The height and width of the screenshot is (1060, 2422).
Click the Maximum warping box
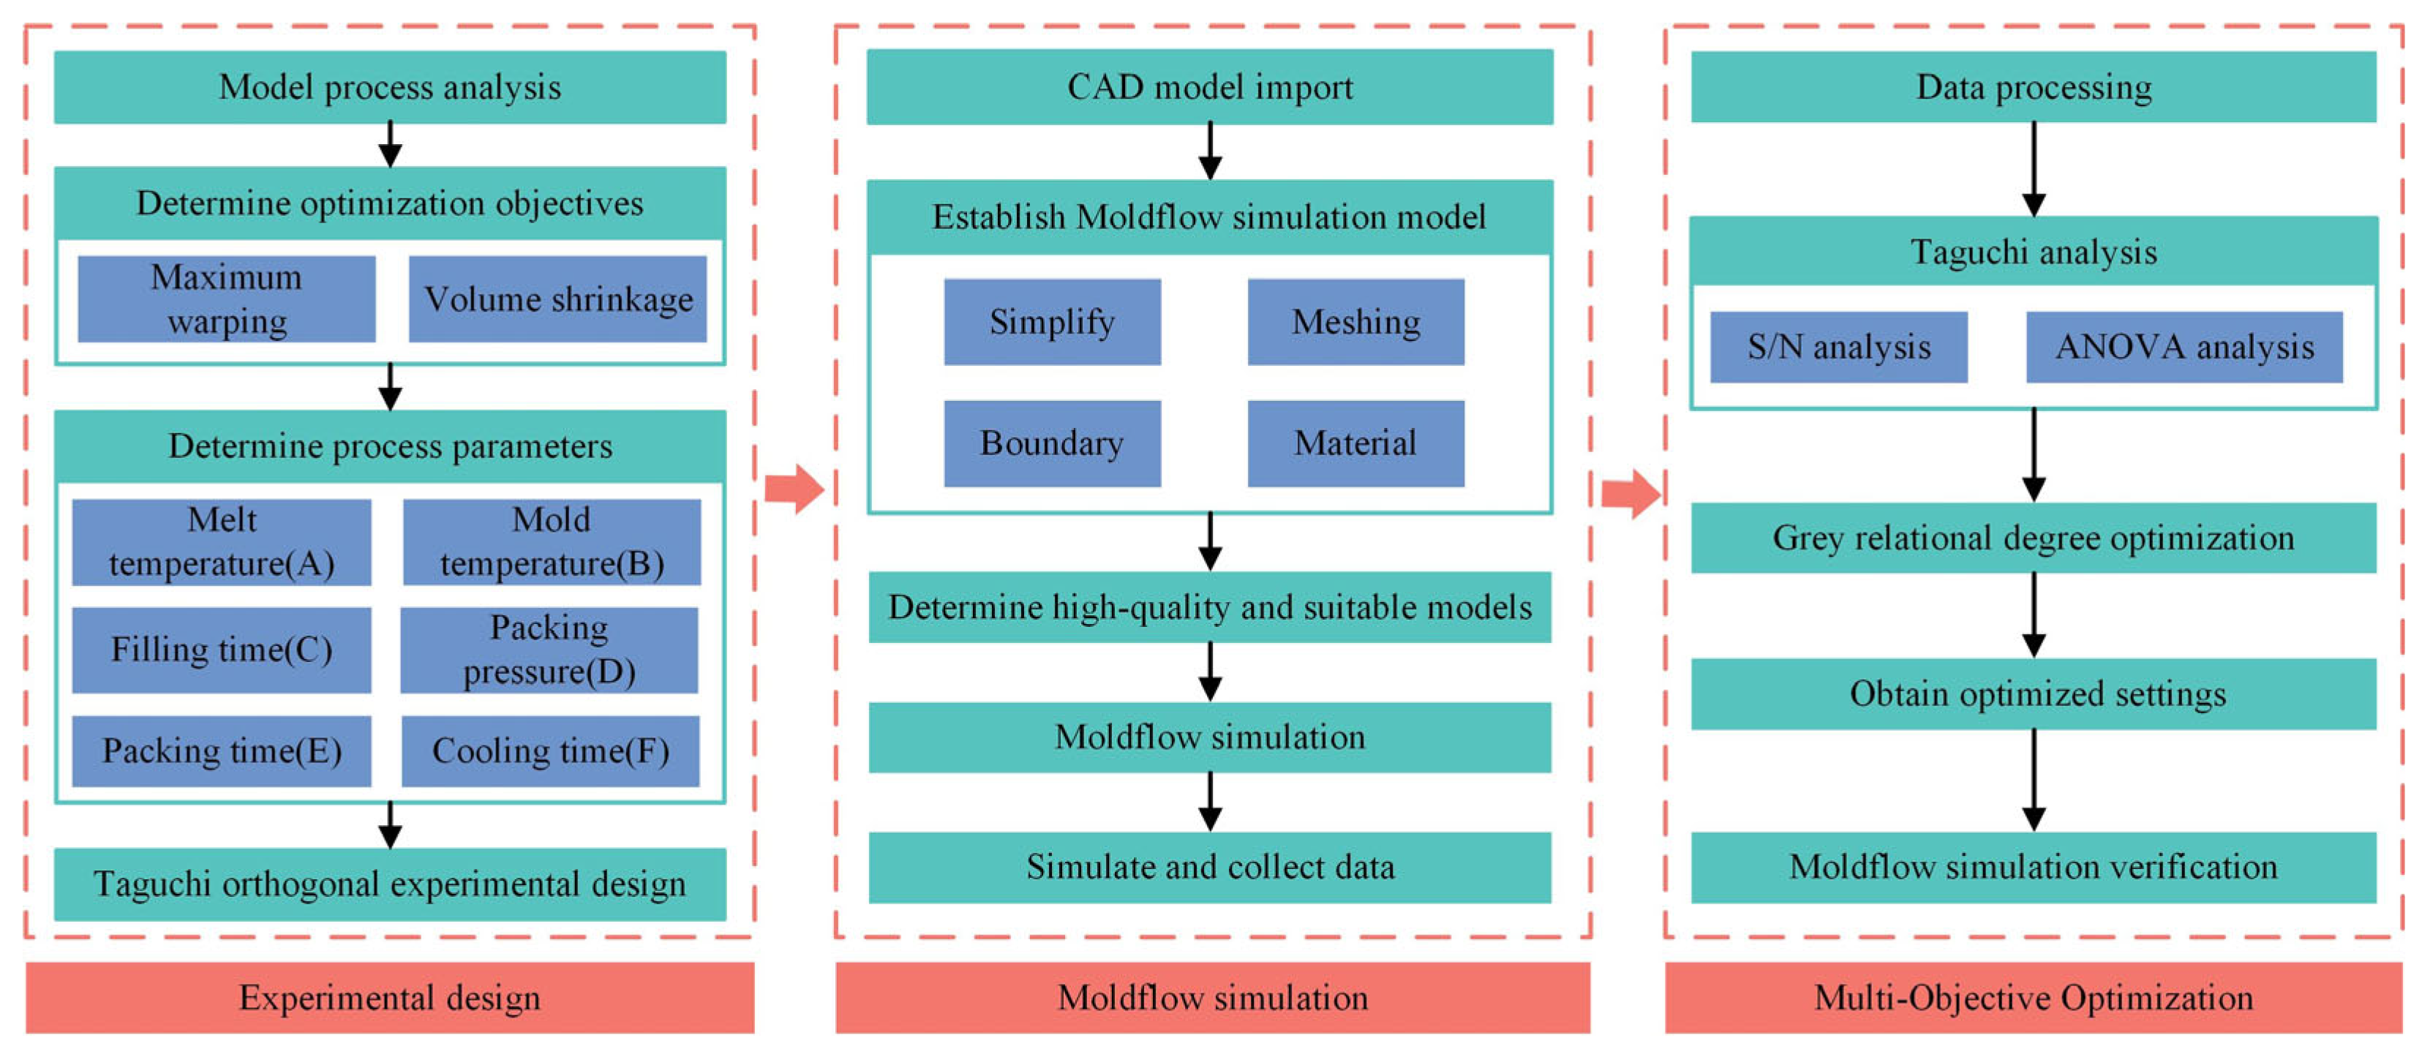pos(227,299)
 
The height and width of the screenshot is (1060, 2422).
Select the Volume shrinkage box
pos(557,299)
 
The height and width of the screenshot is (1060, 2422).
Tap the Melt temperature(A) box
pos(222,542)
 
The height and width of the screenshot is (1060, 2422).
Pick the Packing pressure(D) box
pos(549,650)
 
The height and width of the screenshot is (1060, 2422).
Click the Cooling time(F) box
pos(550,751)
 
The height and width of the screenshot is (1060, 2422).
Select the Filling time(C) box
pos(222,650)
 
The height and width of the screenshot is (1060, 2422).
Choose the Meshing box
pos(1355,322)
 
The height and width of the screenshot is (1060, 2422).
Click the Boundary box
pos(1052,443)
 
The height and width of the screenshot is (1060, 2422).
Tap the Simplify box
pos(1052,322)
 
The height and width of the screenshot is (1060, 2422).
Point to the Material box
pos(1355,443)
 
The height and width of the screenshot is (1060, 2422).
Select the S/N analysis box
pos(1838,347)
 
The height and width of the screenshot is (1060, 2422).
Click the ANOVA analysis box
pos(2184,347)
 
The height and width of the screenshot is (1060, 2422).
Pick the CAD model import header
pos(1209,86)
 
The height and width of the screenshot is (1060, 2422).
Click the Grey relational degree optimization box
pos(2033,538)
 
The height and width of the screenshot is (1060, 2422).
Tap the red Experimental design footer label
pos(389,997)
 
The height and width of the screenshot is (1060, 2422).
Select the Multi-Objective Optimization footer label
pos(2033,997)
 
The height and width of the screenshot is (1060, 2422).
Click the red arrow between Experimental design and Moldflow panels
pos(794,489)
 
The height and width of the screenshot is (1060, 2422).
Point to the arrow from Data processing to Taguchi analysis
pos(2033,169)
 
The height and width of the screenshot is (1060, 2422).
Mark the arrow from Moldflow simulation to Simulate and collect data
pos(1210,801)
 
